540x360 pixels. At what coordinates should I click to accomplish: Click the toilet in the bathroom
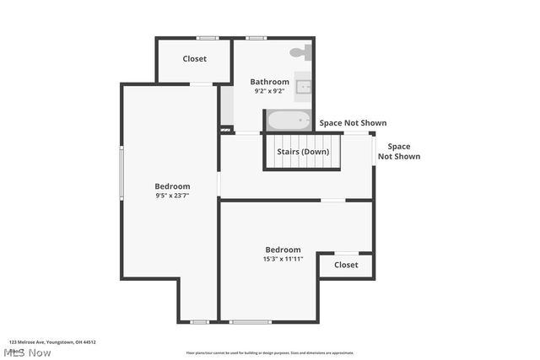click(299, 52)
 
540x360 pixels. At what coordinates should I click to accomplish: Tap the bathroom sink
click(307, 85)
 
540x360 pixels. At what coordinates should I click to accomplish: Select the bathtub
click(289, 121)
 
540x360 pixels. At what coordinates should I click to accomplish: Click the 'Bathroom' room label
click(269, 82)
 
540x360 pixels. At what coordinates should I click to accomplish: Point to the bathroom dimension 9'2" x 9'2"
click(269, 91)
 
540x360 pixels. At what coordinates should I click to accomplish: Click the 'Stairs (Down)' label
click(303, 152)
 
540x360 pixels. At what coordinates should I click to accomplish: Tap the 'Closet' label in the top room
click(195, 59)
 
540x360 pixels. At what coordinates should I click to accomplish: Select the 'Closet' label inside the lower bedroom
click(346, 265)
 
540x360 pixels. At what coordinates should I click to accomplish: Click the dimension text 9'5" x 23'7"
click(172, 196)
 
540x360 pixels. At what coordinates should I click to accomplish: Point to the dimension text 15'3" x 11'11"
click(283, 259)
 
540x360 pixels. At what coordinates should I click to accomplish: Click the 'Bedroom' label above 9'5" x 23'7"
click(172, 186)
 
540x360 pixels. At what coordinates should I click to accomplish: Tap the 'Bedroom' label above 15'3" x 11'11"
click(283, 250)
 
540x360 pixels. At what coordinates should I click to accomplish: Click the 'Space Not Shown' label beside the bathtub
click(343, 123)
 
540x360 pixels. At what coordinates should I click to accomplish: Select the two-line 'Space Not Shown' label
click(398, 151)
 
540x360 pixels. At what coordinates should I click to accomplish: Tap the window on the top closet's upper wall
click(208, 38)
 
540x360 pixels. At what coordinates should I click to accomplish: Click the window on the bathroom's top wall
click(256, 38)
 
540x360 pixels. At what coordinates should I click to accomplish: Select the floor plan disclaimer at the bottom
click(270, 353)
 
